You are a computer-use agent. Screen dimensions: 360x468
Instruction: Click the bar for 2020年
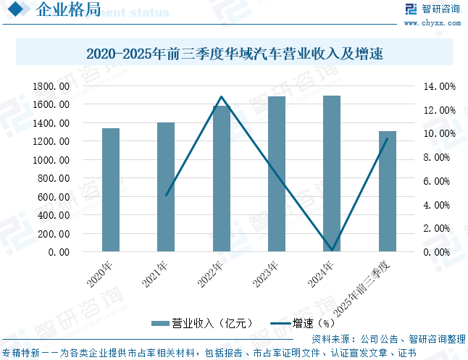pos(111,191)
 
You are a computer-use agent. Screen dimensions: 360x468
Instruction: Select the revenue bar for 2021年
pos(166,188)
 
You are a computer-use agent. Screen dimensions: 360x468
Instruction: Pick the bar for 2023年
pos(277,175)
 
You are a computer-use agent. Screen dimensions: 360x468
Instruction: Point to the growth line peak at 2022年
pos(222,96)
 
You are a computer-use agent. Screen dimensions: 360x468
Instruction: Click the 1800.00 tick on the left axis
pos(51,86)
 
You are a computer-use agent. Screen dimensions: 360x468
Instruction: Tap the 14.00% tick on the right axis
pos(439,86)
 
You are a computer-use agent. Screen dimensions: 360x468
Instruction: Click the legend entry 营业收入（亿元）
pos(203,323)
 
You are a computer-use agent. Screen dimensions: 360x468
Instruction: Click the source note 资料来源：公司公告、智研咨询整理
pos(388,339)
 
